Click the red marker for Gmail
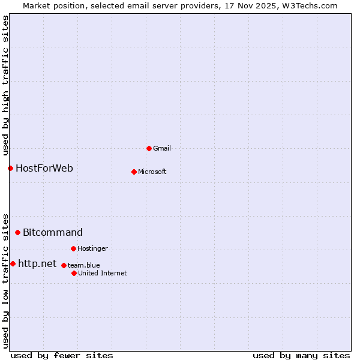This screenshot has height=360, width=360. pyautogui.click(x=149, y=148)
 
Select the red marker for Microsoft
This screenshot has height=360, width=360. pyautogui.click(x=134, y=172)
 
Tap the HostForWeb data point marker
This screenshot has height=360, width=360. pyautogui.click(x=10, y=168)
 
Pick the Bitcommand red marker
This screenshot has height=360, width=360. pyautogui.click(x=17, y=232)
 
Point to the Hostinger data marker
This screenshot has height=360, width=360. pyautogui.click(x=73, y=248)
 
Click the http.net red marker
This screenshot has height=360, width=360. pyautogui.click(x=13, y=263)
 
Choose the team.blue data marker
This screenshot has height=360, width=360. pyautogui.click(x=64, y=265)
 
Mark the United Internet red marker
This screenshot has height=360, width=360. pyautogui.click(x=74, y=273)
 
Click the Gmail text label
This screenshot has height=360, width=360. pyautogui.click(x=162, y=148)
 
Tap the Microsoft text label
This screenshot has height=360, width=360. pyautogui.click(x=152, y=172)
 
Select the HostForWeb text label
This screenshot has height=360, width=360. pyautogui.click(x=44, y=168)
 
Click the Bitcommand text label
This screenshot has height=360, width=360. pyautogui.click(x=53, y=232)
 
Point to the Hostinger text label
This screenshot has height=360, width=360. pyautogui.click(x=92, y=248)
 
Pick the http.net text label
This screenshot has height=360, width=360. pyautogui.click(x=37, y=263)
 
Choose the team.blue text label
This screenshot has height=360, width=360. pyautogui.click(x=84, y=265)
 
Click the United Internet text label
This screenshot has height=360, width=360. pyautogui.click(x=103, y=273)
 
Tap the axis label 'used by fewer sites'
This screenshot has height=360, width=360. pyautogui.click(x=62, y=355)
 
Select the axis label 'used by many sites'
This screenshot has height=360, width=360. pyautogui.click(x=301, y=355)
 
